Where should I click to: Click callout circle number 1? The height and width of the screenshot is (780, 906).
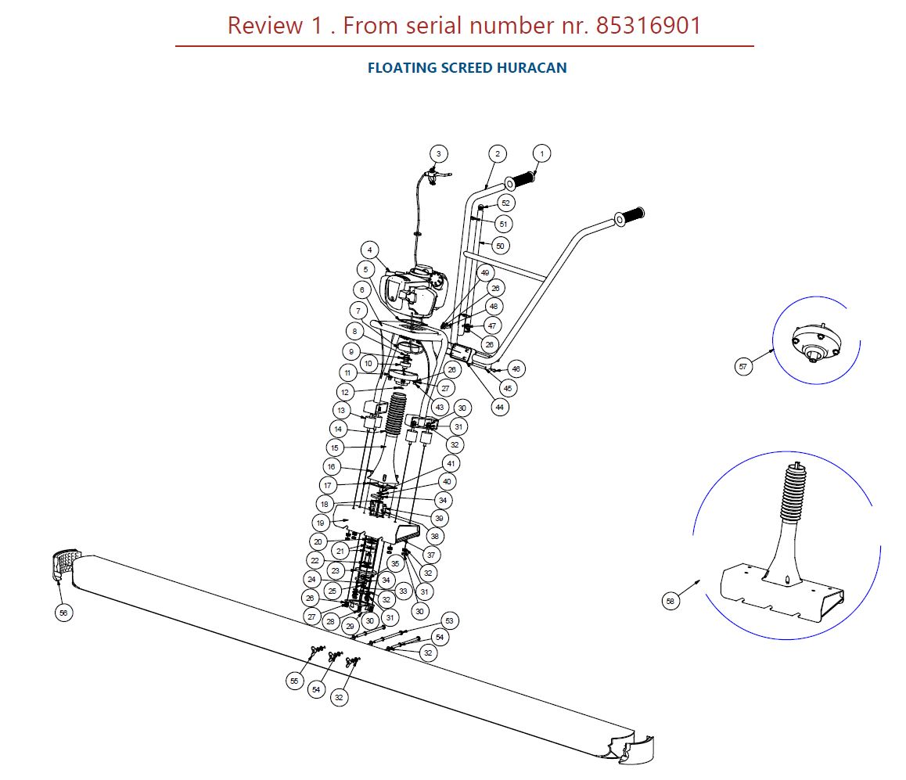(x=541, y=153)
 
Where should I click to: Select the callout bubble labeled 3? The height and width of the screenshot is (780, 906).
(x=438, y=153)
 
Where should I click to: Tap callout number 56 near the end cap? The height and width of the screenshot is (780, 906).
(x=63, y=613)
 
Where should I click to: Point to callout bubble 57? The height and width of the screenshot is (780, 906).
(x=743, y=366)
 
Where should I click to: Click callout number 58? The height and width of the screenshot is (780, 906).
(x=671, y=601)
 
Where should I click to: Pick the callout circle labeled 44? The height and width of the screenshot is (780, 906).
(x=500, y=407)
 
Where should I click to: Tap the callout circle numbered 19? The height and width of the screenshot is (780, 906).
(x=321, y=523)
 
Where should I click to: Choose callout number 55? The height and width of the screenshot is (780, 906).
(x=294, y=681)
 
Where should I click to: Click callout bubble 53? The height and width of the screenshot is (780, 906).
(x=448, y=621)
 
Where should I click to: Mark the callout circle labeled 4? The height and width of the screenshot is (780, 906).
(x=369, y=250)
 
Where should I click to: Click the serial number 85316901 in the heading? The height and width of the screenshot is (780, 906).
(x=649, y=26)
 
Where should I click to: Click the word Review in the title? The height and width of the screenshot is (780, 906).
(x=264, y=26)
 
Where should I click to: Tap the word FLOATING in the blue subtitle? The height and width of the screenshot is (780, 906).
(x=402, y=68)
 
